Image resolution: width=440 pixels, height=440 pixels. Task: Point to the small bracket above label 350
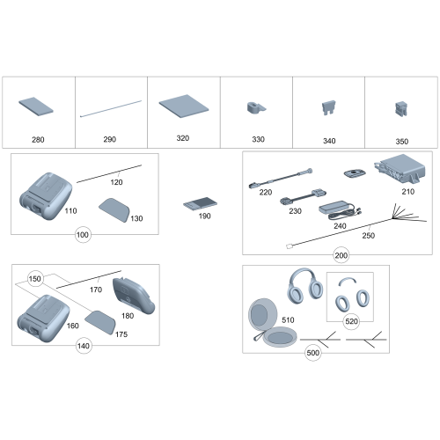(400, 111)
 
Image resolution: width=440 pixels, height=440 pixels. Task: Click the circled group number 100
(84, 237)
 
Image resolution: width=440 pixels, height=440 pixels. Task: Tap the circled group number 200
(341, 255)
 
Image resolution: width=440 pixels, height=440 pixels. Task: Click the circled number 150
(35, 278)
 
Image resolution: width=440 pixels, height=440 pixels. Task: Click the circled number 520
(351, 322)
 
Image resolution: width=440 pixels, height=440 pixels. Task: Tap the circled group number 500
(312, 353)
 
